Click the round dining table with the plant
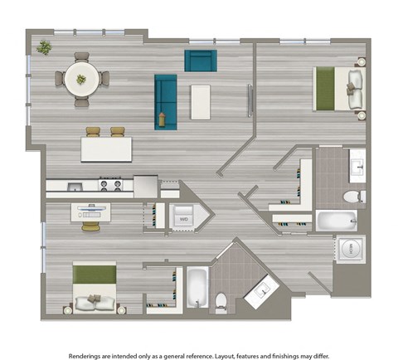coord(81,79)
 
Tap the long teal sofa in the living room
coord(165,102)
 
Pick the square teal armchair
coord(200,61)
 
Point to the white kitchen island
coord(106,149)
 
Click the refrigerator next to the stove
coord(146,185)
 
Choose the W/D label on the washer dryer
coord(183,219)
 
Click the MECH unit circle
coord(349,248)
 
